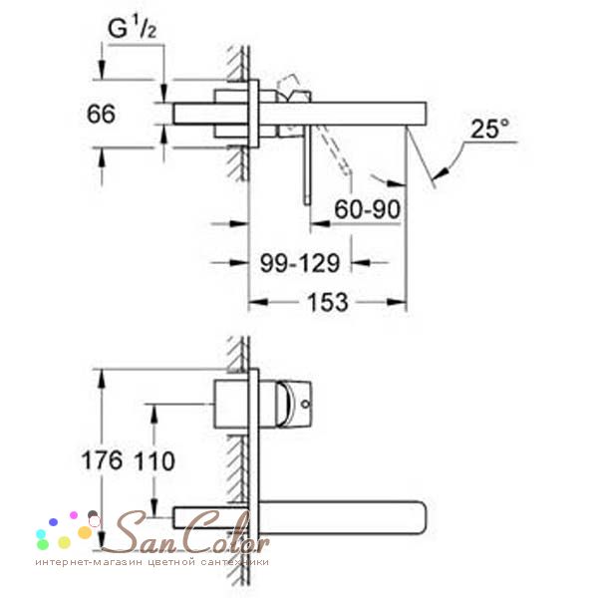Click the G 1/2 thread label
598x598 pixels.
point(132,28)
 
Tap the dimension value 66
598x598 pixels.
point(101,114)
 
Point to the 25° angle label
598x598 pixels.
point(489,129)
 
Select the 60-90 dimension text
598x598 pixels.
point(367,208)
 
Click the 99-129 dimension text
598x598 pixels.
point(299,263)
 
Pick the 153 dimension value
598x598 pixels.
point(328,302)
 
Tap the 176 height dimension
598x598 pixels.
point(102,459)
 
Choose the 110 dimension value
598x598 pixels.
point(154,460)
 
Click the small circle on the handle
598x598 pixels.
point(305,404)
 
